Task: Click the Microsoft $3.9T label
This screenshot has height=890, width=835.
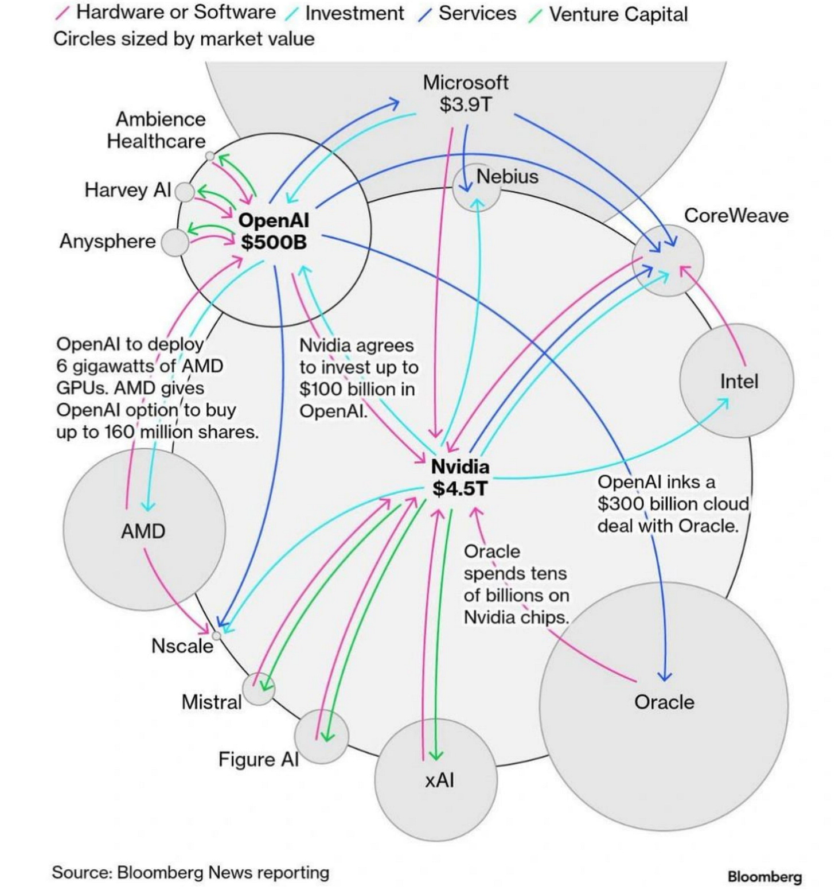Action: (465, 94)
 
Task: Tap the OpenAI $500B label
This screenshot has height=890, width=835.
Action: (274, 231)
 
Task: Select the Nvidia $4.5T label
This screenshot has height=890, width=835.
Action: (460, 477)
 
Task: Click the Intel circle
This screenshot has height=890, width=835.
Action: (737, 380)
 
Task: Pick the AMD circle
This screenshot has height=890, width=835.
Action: (143, 530)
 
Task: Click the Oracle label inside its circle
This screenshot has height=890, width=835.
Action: (664, 702)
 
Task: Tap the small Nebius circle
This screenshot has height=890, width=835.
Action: (476, 187)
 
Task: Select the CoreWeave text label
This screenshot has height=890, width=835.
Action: (736, 216)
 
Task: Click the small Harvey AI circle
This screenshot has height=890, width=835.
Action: (185, 192)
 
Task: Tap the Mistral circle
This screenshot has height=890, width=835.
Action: (258, 689)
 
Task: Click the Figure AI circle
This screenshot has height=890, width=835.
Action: (321, 736)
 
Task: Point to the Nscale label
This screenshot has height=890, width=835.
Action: (182, 646)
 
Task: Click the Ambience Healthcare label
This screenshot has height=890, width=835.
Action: (156, 130)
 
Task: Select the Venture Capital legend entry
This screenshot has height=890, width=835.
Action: (618, 14)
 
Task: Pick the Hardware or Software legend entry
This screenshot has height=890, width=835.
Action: (175, 12)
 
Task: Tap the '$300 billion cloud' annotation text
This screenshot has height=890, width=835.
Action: (673, 504)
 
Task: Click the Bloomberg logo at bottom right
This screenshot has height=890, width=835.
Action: (764, 876)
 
